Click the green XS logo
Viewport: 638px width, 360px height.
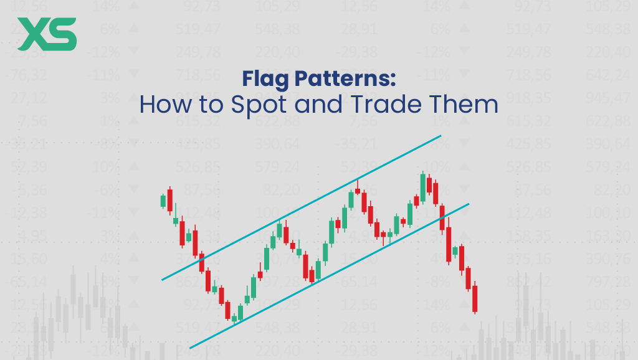pyautogui.click(x=47, y=34)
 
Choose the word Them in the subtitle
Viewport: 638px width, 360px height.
pyautogui.click(x=468, y=104)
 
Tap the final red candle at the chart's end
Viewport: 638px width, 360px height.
pyautogui.click(x=475, y=298)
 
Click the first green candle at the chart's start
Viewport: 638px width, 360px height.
pyautogui.click(x=163, y=201)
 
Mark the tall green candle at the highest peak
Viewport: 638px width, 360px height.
pyautogui.click(x=423, y=187)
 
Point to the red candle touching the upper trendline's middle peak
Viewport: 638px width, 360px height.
pyautogui.click(x=358, y=191)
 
